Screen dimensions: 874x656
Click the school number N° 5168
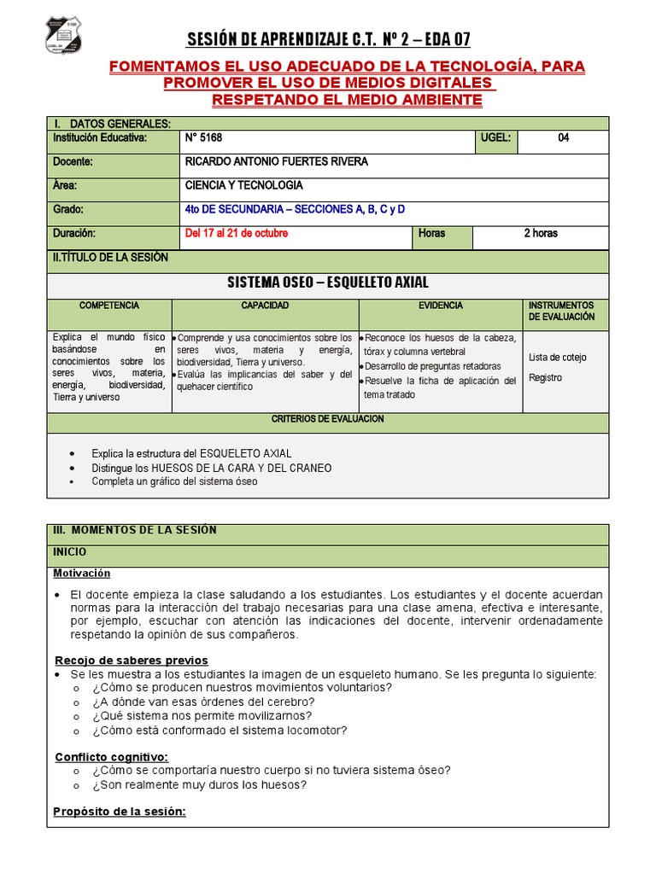203,138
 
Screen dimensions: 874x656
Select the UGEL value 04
563,138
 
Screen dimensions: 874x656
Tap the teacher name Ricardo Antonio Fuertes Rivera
276,162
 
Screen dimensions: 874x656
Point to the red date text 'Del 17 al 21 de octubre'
237,233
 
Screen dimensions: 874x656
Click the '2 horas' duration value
541,233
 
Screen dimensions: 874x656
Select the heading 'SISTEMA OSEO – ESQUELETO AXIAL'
328,283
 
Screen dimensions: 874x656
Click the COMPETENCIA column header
109,306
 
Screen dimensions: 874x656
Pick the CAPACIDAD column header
265,306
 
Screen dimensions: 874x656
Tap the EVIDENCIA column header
441,306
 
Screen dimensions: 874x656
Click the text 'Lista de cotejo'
558,358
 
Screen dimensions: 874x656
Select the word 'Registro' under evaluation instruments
546,378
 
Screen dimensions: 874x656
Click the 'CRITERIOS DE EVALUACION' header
328,419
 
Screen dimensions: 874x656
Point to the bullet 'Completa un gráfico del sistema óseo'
175,481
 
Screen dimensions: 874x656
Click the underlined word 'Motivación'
82,573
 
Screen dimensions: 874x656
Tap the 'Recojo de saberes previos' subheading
132,661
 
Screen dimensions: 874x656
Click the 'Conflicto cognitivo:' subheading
112,757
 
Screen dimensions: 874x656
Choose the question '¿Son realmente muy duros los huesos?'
201,785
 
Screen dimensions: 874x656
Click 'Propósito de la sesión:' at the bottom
120,812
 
